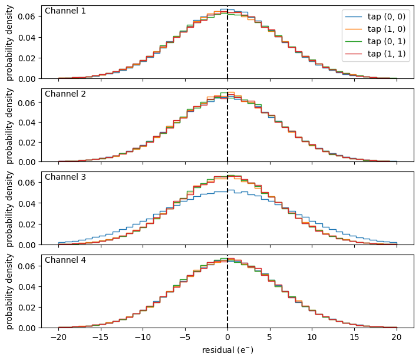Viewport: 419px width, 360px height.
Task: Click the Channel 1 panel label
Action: [65, 11]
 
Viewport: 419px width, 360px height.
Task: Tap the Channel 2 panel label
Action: [65, 94]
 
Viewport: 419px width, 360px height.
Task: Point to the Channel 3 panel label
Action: [65, 177]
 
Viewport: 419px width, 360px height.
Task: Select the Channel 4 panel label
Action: [65, 260]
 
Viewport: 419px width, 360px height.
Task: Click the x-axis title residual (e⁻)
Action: [227, 350]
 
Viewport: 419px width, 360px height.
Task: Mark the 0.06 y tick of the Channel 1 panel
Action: [27, 16]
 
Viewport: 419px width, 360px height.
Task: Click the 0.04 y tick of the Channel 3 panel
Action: [27, 203]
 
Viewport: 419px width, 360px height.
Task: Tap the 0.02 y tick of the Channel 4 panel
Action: [27, 307]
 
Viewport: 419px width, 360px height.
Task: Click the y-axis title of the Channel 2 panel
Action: [9, 125]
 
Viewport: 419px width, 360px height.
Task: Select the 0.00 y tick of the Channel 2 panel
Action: [27, 161]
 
